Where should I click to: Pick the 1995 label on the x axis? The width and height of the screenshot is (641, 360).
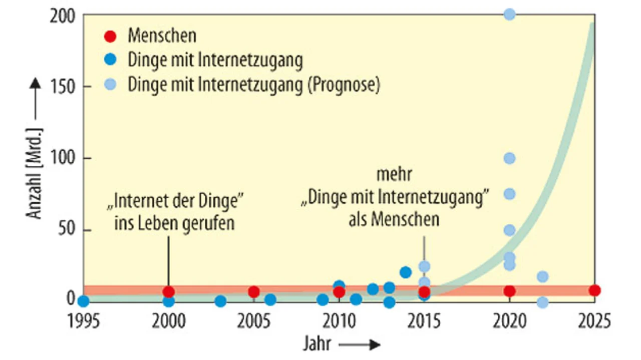pos(84,321)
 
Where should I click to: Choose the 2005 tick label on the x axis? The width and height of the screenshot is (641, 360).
pos(254,321)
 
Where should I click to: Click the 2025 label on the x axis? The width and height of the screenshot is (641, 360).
pos(594,321)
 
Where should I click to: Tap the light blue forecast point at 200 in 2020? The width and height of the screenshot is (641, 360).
pos(509,15)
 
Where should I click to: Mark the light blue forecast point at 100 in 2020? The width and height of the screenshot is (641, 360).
pos(509,158)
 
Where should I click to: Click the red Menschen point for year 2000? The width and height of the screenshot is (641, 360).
pos(169,291)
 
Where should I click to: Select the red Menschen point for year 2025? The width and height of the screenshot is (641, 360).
pos(594,290)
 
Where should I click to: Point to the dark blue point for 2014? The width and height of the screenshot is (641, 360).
pos(406,272)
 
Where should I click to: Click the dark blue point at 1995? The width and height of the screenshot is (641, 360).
pos(84,301)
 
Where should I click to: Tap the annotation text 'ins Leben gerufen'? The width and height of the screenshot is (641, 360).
pos(174,223)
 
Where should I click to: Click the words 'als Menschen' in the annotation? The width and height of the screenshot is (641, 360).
pos(394,219)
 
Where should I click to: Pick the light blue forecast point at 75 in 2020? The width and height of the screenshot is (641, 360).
pos(509,194)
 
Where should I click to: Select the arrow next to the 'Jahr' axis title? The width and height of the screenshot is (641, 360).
pos(359,344)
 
